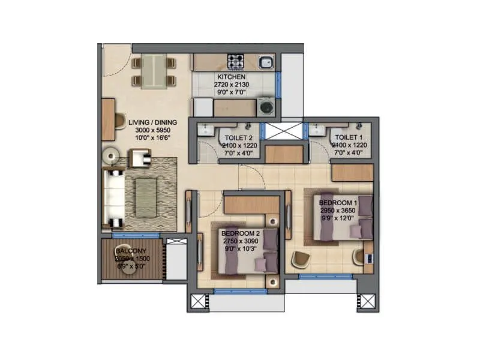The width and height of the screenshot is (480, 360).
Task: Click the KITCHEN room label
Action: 231,77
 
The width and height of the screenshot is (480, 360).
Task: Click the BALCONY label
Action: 128,251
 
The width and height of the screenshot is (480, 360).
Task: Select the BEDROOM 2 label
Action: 240,233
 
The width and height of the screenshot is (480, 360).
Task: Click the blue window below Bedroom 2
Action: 232,292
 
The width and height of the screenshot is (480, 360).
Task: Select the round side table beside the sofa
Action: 112,156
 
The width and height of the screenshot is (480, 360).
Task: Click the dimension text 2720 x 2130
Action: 231,85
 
